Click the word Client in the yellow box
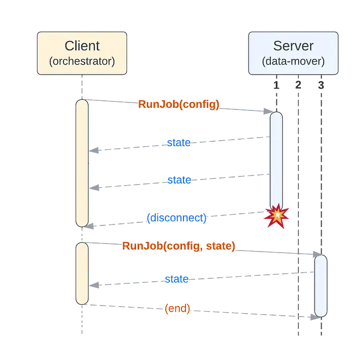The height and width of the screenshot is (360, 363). [x=82, y=46]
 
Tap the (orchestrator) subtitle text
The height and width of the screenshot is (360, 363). [x=82, y=62]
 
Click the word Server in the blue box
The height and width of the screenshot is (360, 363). [x=293, y=46]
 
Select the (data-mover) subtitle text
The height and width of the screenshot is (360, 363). [x=293, y=62]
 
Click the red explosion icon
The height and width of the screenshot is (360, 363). [x=276, y=216]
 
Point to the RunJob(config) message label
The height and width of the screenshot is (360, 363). [x=178, y=104]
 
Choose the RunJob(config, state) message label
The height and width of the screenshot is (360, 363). [x=178, y=246]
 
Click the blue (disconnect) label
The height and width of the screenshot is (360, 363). [x=176, y=218]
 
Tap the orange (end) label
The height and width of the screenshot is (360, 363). [x=177, y=309]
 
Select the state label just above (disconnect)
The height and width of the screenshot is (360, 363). [x=178, y=180]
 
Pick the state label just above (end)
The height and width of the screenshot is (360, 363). [x=176, y=279]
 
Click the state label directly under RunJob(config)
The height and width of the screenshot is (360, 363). [x=178, y=143]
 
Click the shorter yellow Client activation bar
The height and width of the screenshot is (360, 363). [x=82, y=273]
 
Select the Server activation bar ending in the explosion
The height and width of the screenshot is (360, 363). [x=276, y=161]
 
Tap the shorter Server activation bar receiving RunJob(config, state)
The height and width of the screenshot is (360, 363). [x=321, y=285]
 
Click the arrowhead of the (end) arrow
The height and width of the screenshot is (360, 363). [x=313, y=316]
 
